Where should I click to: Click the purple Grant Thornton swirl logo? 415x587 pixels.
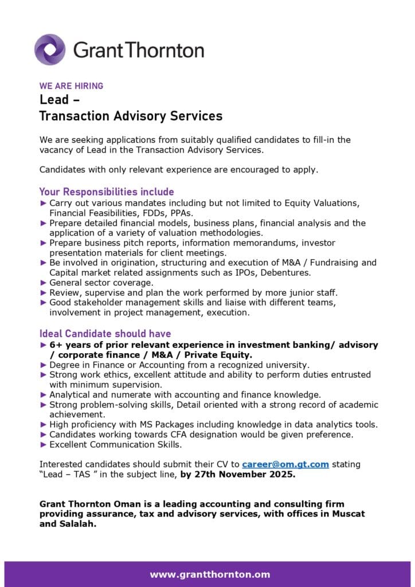[x=50, y=49]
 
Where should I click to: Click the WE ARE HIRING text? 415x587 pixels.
[x=71, y=86]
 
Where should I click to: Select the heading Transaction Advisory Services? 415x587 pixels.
[x=130, y=116]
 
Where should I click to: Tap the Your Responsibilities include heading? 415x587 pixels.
[x=106, y=191]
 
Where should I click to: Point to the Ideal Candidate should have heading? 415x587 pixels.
[x=105, y=334]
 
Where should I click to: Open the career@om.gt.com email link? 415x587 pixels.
[x=285, y=464]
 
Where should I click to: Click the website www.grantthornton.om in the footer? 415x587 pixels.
[x=210, y=574]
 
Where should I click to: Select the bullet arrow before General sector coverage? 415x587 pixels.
[x=43, y=283]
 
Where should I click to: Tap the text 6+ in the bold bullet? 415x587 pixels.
[x=56, y=345]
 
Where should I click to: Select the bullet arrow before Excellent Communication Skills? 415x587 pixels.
[x=43, y=444]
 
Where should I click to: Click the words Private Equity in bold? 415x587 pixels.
[x=220, y=355]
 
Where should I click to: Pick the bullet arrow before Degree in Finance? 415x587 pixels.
[x=43, y=365]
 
